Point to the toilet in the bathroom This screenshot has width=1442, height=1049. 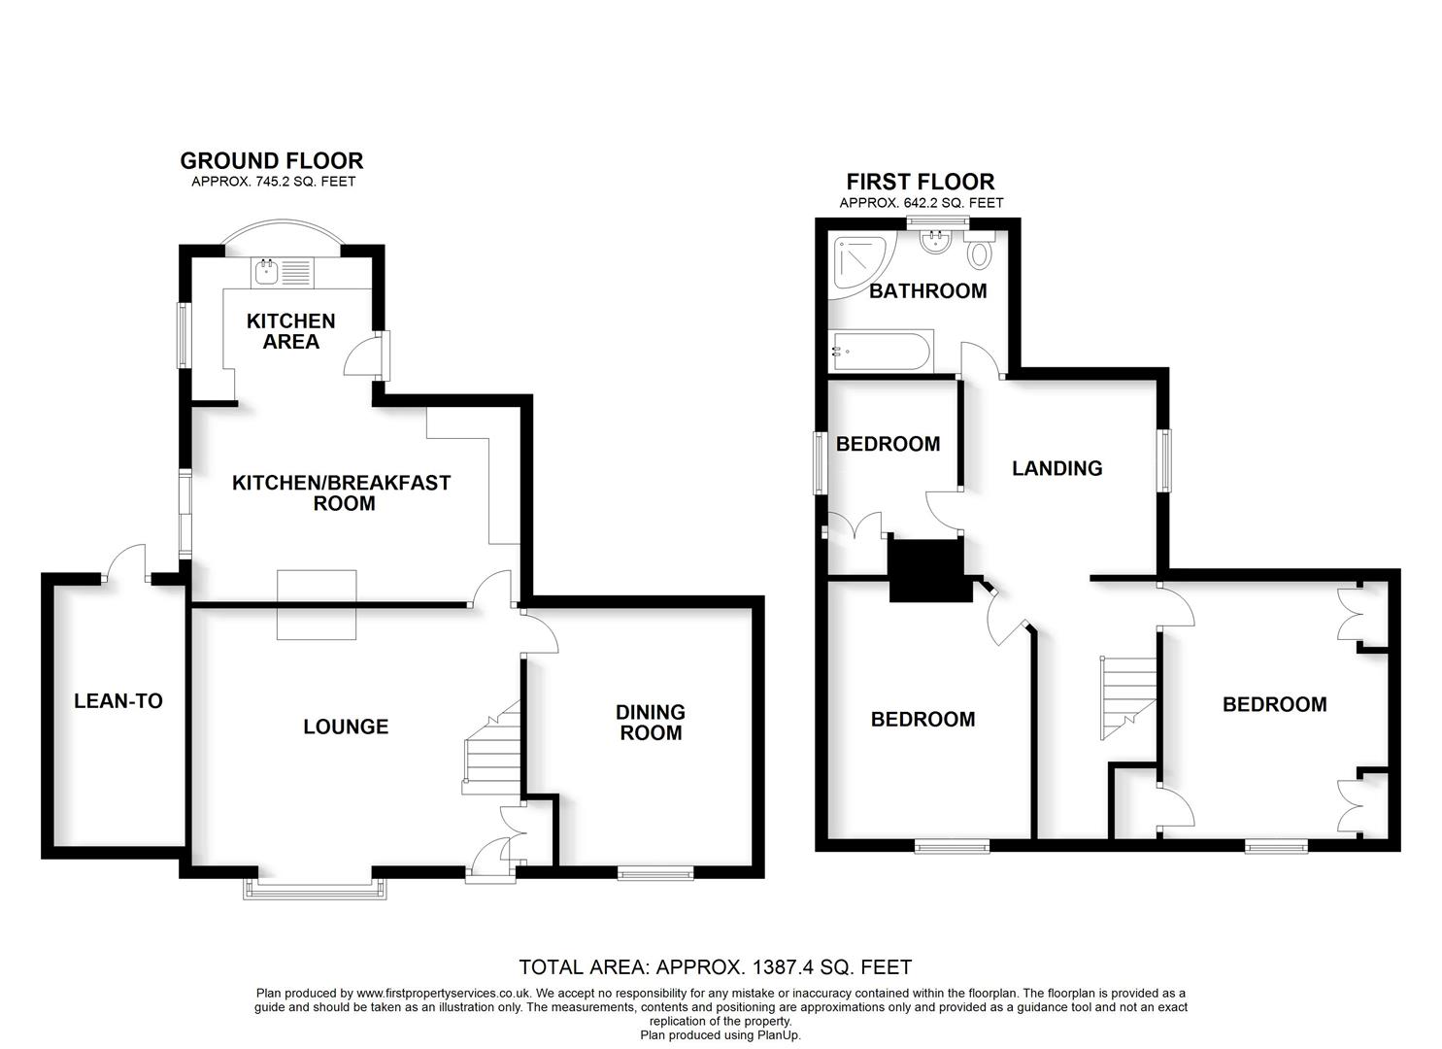pos(980,255)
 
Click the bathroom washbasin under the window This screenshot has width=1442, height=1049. pos(937,242)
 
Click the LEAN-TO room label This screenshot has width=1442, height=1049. pos(118,701)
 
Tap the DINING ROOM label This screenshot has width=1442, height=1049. pos(651,723)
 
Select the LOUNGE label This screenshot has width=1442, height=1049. pos(346,727)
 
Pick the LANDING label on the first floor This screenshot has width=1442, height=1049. pos(1056,468)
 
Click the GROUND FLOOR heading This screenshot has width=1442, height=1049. pos(272,161)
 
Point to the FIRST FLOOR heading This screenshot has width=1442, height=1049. pos(921,182)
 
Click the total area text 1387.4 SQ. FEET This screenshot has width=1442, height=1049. pos(716,967)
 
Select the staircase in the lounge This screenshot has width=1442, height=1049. pos(491,754)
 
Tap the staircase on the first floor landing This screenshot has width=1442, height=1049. pos(1128,695)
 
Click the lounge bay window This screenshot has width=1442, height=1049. pos(316,888)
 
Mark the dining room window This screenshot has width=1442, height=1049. pos(656,873)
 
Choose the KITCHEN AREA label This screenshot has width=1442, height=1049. pos(290,331)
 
